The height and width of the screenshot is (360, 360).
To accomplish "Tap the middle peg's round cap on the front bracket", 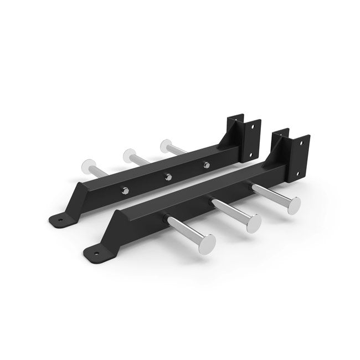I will [253, 223].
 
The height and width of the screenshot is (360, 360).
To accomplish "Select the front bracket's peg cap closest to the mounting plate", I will [290, 207].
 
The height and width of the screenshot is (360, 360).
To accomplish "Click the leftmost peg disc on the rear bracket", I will [86, 165].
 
